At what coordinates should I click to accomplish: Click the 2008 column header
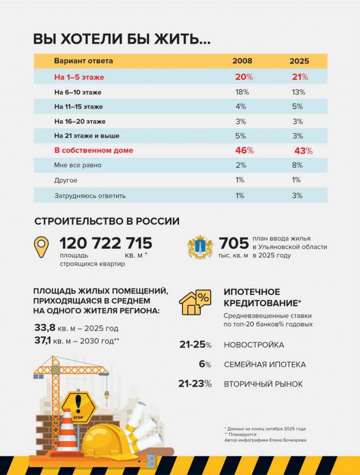(242, 61)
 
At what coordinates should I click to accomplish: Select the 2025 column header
(299, 61)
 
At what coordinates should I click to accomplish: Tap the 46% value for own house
(244, 150)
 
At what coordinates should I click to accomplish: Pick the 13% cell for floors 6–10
(298, 92)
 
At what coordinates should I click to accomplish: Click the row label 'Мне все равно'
(78, 165)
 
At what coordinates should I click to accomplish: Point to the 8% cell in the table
(297, 165)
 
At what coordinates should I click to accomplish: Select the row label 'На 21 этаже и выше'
(87, 136)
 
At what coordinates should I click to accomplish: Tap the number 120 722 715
(106, 243)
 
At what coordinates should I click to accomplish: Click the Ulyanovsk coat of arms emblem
(200, 247)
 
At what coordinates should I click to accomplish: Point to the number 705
(234, 243)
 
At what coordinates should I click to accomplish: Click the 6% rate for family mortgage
(205, 365)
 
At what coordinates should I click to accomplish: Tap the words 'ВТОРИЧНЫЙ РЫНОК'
(263, 384)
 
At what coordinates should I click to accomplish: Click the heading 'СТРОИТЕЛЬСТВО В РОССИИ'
(107, 221)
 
